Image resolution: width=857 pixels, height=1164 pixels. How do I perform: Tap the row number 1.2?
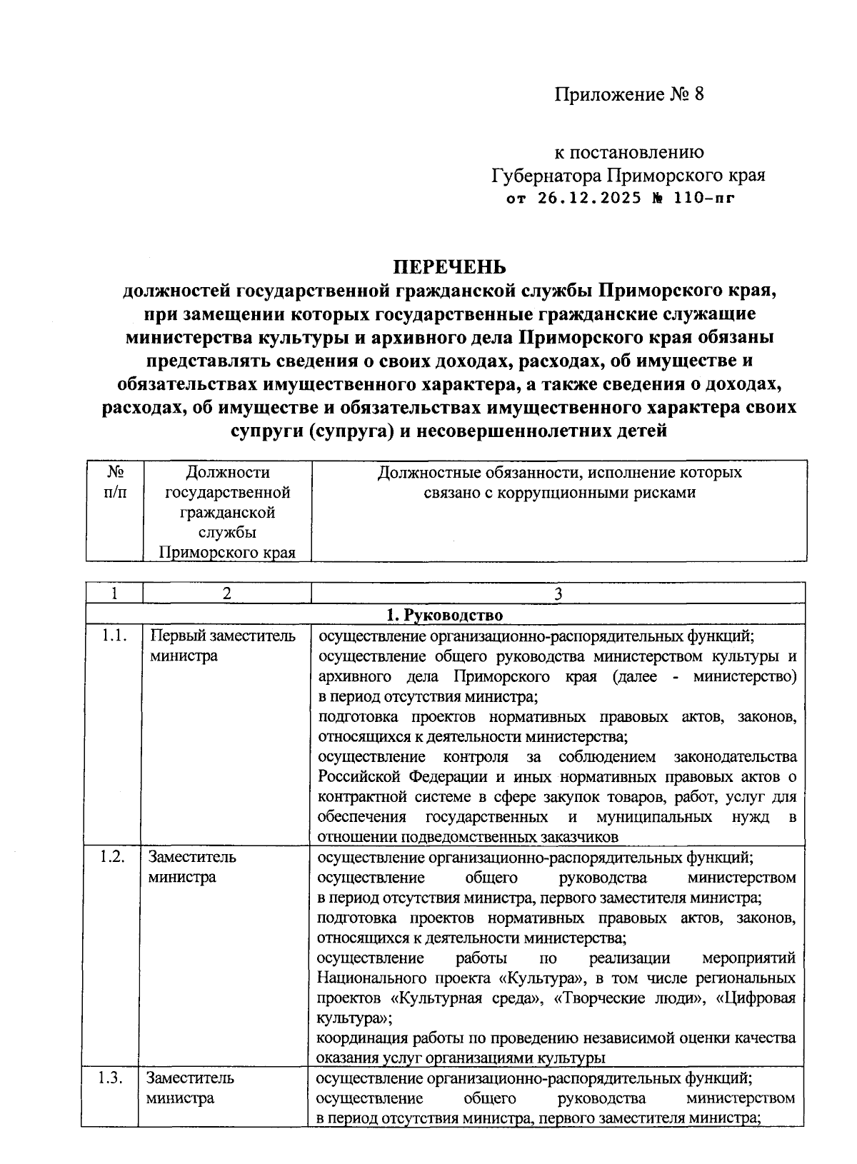pyautogui.click(x=113, y=857)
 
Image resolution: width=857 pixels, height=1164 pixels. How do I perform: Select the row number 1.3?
pyautogui.click(x=111, y=1078)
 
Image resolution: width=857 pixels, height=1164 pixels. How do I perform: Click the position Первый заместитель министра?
pyautogui.click(x=221, y=646)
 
